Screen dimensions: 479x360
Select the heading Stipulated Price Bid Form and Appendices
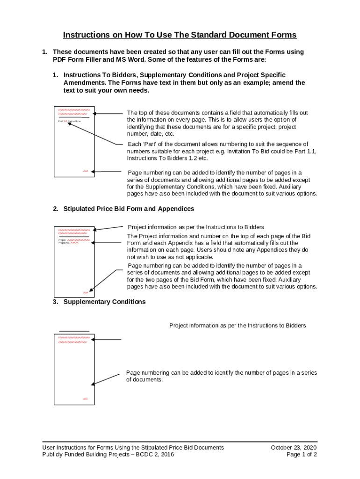pyautogui.click(x=129, y=209)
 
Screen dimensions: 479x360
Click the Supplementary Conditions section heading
pyautogui.click(x=104, y=302)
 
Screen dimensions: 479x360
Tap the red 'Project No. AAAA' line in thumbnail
pyautogui.click(x=68, y=243)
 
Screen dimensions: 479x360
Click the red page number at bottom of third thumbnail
pyautogui.click(x=86, y=399)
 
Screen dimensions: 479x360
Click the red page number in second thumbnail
pyautogui.click(x=86, y=292)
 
